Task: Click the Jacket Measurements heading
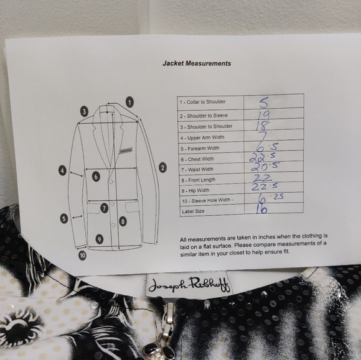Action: tap(197, 63)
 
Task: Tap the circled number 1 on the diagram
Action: tap(130, 102)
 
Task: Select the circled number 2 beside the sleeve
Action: tap(162, 167)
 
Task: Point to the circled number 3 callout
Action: tap(84, 111)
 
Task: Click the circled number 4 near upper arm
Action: tap(62, 170)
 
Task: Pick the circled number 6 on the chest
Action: tap(96, 177)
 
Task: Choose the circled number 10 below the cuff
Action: tap(82, 255)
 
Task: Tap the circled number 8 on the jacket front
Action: tap(123, 221)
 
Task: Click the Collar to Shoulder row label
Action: tap(203, 102)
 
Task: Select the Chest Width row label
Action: tap(197, 159)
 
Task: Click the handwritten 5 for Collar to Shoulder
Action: tap(263, 103)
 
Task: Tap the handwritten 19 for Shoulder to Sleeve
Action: tap(263, 115)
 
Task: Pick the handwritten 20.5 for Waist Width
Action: tap(265, 167)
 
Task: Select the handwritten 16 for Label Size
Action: tap(261, 209)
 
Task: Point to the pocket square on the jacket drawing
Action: tap(126, 150)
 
